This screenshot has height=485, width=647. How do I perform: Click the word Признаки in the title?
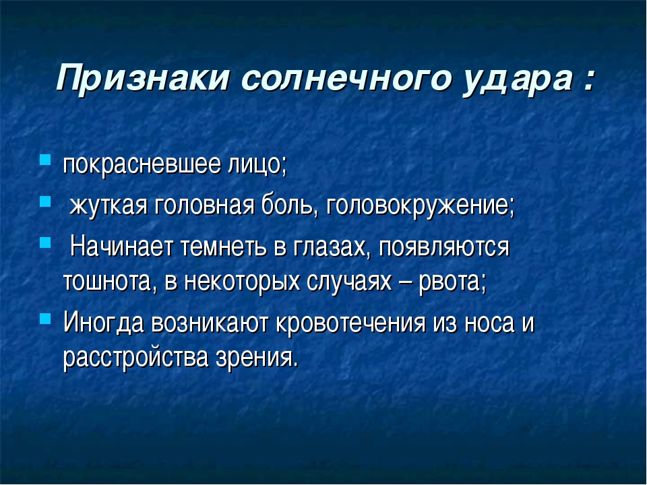point(142,78)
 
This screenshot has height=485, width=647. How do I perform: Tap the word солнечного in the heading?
point(345,78)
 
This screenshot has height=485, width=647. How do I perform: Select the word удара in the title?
point(518,80)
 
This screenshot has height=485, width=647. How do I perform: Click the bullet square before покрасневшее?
point(45,160)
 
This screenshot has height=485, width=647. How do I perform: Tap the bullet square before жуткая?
point(45,201)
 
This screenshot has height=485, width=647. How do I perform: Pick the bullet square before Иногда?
point(45,319)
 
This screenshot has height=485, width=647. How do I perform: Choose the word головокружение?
point(419,206)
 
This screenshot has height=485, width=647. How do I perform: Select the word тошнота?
point(108,282)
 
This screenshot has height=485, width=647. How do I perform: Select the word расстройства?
point(135,357)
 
